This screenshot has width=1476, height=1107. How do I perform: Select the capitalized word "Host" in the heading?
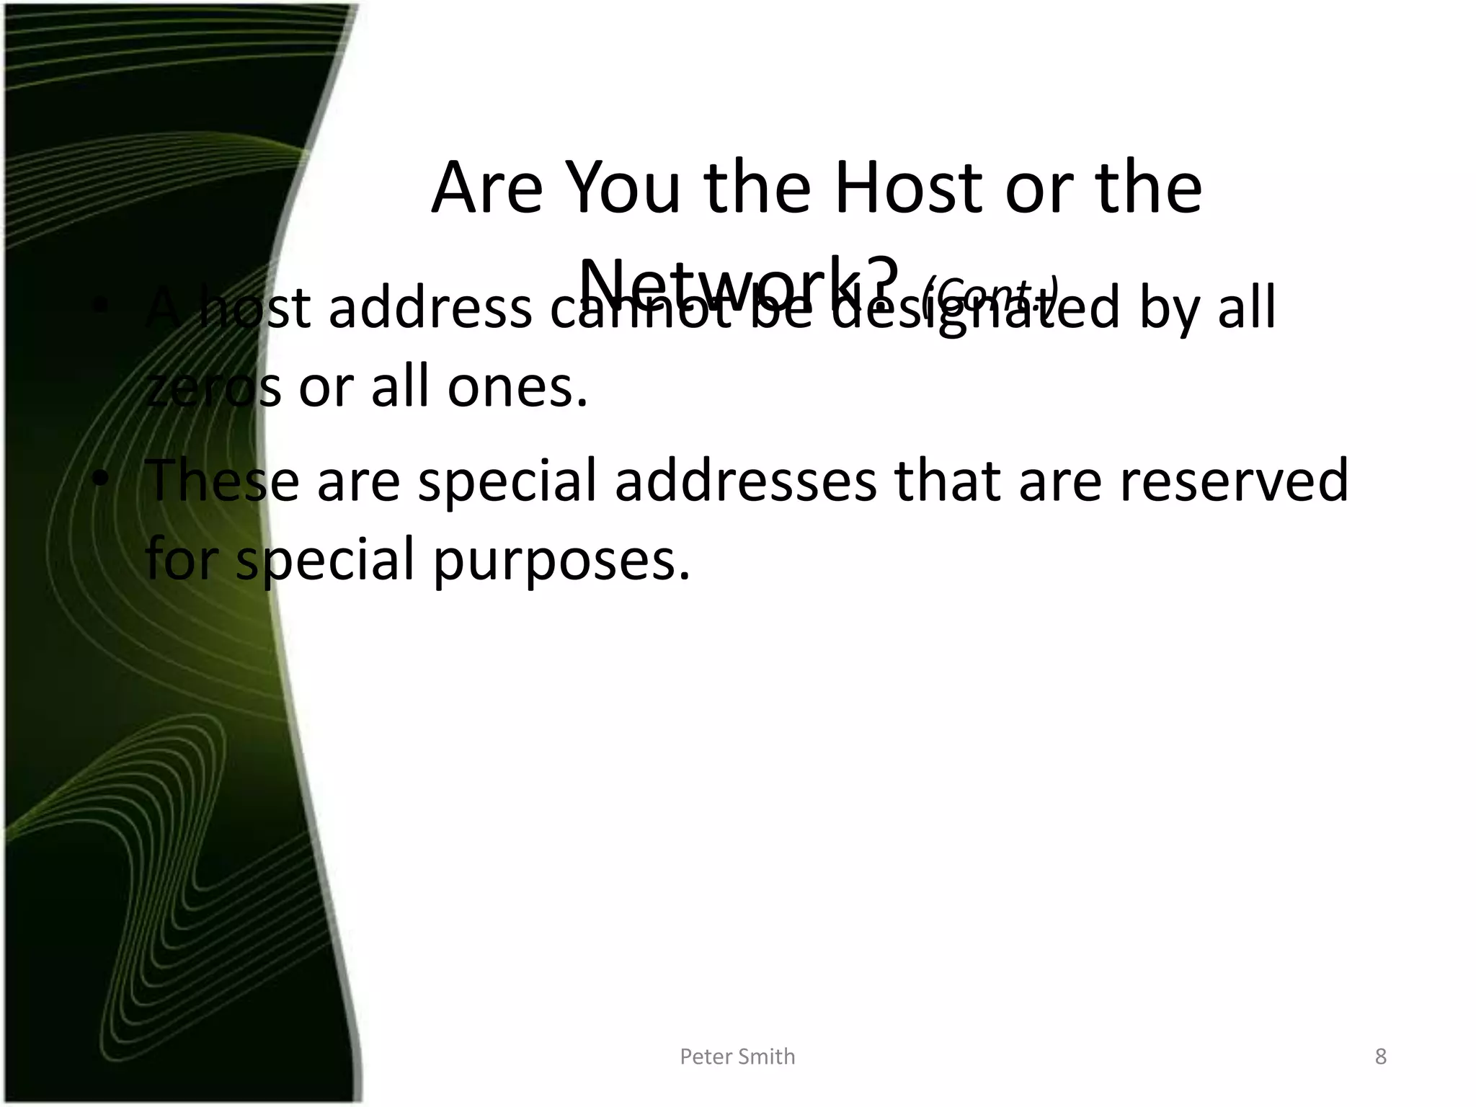pyautogui.click(x=910, y=188)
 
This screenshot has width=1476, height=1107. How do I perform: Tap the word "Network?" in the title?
pyautogui.click(x=739, y=283)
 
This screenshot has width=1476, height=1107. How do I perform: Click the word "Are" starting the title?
pyautogui.click(x=486, y=188)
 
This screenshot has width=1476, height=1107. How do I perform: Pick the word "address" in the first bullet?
pyautogui.click(x=430, y=308)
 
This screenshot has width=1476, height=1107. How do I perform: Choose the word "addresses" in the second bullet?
pyautogui.click(x=746, y=481)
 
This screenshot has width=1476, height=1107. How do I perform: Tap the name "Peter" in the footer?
pyautogui.click(x=707, y=1057)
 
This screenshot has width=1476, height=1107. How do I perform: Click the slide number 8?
pyautogui.click(x=1380, y=1057)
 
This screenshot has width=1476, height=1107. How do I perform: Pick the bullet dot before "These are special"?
pyautogui.click(x=102, y=479)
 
